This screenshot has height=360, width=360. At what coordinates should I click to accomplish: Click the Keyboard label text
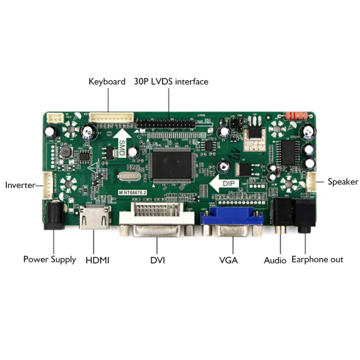[x=107, y=82]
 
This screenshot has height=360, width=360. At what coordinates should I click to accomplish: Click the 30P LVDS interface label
[x=171, y=82]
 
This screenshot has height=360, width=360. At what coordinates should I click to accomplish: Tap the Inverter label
[x=20, y=185]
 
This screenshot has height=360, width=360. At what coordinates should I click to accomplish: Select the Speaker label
[x=343, y=182]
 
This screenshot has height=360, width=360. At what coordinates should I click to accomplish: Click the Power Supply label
[x=50, y=259]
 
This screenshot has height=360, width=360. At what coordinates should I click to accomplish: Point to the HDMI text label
[x=98, y=260]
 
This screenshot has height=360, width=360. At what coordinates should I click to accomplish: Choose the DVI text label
[x=158, y=260]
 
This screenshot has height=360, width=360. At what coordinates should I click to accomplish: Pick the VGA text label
[x=229, y=260]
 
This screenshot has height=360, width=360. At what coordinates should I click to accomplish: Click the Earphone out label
[x=317, y=259]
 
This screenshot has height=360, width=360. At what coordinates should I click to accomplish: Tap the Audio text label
[x=275, y=260]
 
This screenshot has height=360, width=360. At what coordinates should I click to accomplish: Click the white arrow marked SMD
[x=121, y=144]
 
